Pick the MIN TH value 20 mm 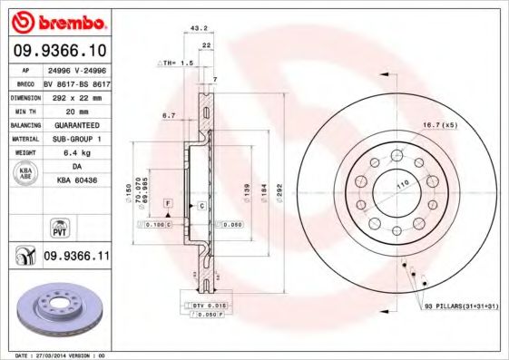[x=77, y=111]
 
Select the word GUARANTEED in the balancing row [x=77, y=125]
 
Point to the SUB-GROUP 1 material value [x=77, y=139]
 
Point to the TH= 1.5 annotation [x=177, y=63]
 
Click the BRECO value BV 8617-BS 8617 [x=77, y=83]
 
